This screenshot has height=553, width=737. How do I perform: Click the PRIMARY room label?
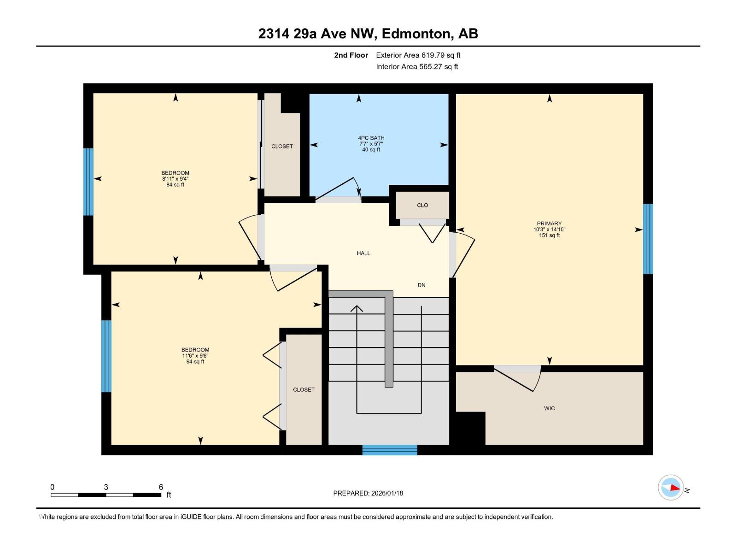tap(549, 224)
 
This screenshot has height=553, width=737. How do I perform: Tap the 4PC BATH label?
tap(371, 138)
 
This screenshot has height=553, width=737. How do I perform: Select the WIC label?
tap(549, 408)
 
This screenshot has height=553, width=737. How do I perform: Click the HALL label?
tap(363, 253)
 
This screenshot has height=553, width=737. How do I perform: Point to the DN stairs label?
tap(421, 285)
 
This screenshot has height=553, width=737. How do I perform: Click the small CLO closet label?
tap(422, 206)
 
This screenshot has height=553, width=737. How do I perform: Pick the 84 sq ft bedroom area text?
tap(175, 185)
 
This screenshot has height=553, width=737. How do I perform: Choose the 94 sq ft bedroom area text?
tap(195, 362)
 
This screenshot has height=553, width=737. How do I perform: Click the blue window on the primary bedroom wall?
tap(648, 239)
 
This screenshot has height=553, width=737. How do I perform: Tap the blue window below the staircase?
tap(390, 450)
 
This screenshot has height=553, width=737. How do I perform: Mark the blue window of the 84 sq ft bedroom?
tap(88, 182)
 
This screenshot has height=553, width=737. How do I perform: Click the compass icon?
tap(671, 488)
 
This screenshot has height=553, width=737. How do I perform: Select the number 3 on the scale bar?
tap(106, 487)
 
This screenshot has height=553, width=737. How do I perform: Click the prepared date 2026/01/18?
tap(386, 493)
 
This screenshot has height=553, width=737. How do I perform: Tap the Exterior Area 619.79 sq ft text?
tap(418, 55)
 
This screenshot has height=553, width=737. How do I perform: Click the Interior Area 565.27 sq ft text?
tap(417, 67)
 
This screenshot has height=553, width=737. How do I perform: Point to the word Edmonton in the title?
tap(416, 34)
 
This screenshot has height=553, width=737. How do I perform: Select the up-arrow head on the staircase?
tap(357, 308)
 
